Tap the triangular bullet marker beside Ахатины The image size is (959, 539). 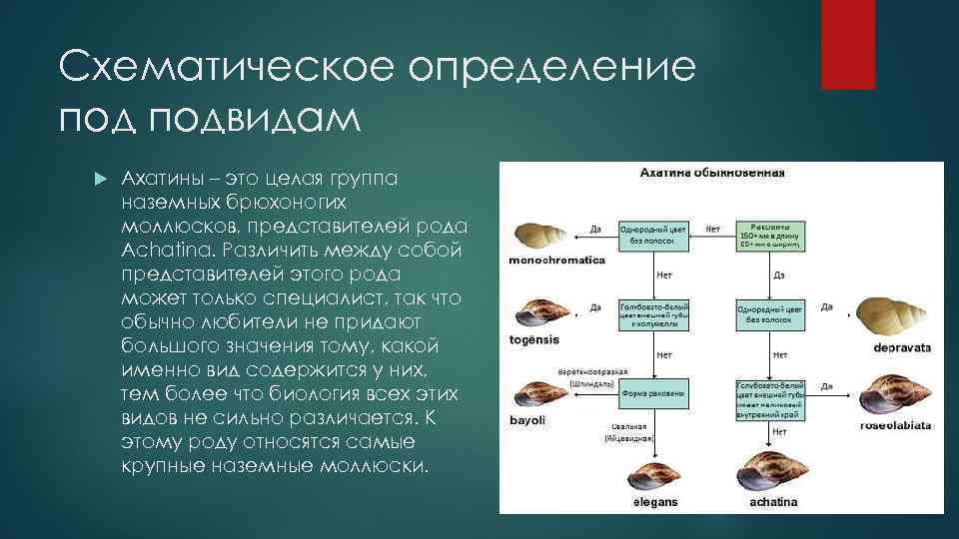tap(99, 179)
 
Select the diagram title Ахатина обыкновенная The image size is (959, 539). tap(712, 172)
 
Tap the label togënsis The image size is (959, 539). tap(534, 340)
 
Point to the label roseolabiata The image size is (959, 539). tap(895, 425)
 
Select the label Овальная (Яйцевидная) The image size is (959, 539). tap(627, 431)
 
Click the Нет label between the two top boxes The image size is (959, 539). tap(713, 229)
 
